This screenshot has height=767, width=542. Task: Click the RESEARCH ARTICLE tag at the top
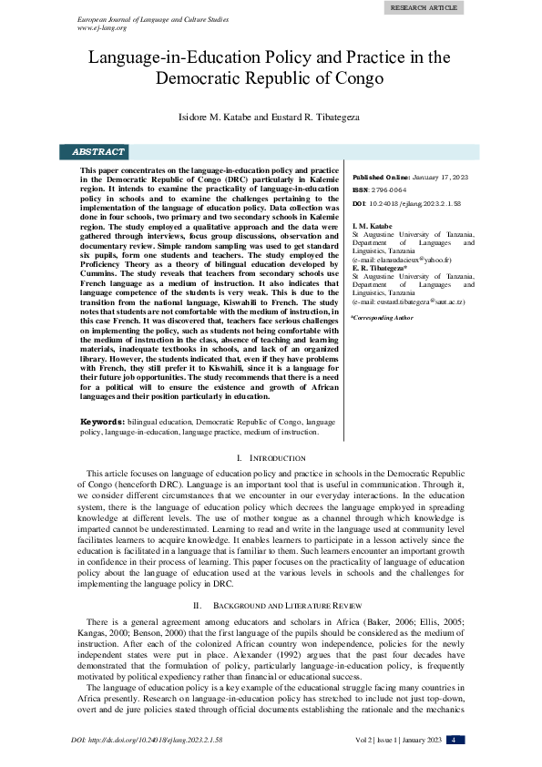[x=424, y=7]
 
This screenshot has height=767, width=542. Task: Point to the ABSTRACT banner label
[x=98, y=152]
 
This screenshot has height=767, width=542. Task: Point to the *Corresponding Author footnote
[x=382, y=318]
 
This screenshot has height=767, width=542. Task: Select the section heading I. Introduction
[x=271, y=457]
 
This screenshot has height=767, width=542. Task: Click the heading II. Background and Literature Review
[x=271, y=605]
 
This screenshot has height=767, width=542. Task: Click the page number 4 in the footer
[x=455, y=739]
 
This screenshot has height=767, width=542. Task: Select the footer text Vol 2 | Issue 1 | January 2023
[x=395, y=740]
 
